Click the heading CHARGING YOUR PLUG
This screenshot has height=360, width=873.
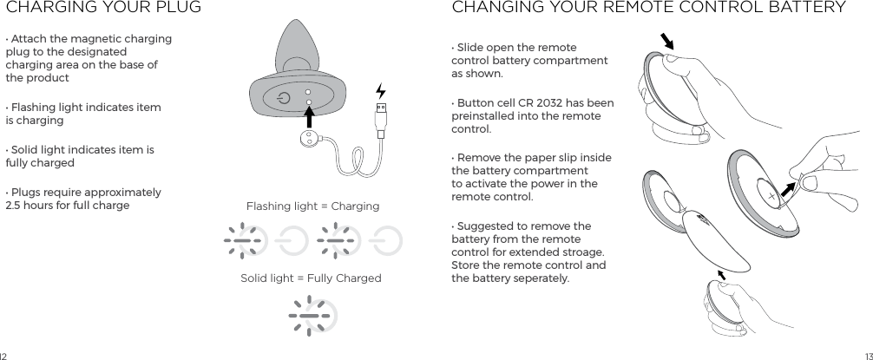103,9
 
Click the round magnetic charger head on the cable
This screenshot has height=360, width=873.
308,142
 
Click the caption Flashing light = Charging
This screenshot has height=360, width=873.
312,206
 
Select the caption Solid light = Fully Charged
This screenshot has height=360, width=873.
311,278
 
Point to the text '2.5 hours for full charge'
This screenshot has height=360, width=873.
68,206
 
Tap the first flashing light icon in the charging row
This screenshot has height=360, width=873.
242,239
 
